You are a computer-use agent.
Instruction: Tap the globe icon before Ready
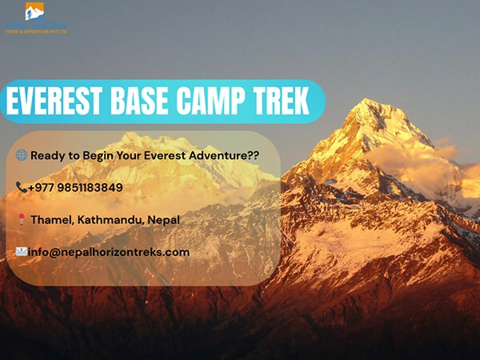click(21, 155)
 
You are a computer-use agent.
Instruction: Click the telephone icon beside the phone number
click(21, 187)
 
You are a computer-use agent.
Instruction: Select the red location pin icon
click(21, 219)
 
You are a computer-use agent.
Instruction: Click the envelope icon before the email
click(21, 251)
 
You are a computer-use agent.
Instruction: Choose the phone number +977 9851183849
click(75, 187)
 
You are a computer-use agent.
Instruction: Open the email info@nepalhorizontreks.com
click(109, 251)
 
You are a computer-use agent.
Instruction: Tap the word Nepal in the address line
click(163, 219)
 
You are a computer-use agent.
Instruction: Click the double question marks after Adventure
click(252, 155)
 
